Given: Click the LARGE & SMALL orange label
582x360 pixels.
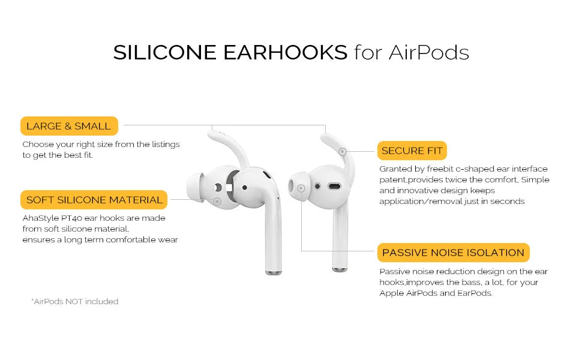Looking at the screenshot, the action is (x=69, y=126).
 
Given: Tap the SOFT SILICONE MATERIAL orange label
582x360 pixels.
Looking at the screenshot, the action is (x=94, y=200).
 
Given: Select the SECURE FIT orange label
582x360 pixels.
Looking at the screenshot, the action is (x=412, y=151).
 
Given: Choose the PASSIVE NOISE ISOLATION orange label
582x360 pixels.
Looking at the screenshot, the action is (x=453, y=253).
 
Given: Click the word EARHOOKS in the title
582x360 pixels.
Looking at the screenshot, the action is (x=285, y=52).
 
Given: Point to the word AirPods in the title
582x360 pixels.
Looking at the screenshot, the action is (x=429, y=52).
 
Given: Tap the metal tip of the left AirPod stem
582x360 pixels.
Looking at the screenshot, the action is (x=274, y=272).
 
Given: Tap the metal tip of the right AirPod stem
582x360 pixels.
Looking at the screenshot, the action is (x=340, y=269).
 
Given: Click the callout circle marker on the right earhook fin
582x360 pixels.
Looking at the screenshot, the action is (x=343, y=151).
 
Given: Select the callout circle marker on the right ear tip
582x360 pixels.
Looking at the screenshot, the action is (x=301, y=188).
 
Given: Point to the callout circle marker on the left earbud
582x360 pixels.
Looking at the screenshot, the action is (x=217, y=202).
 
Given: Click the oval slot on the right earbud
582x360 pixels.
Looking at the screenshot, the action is (x=334, y=187).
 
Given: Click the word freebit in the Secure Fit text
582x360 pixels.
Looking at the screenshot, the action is (x=440, y=169).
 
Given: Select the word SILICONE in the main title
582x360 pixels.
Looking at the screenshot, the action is (x=165, y=52).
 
